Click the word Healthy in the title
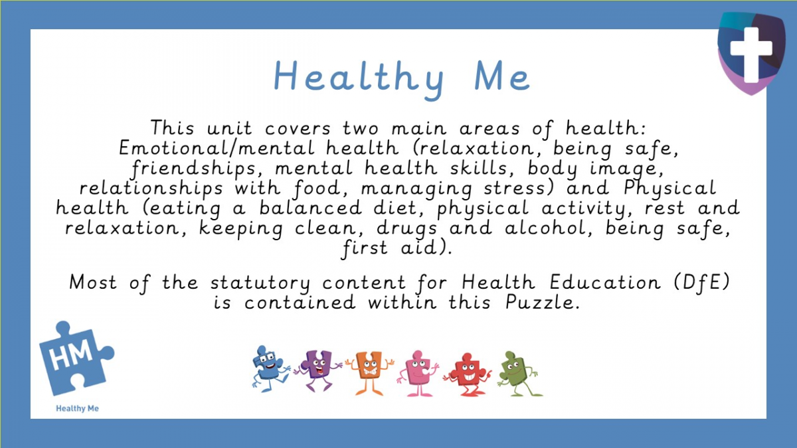click(359, 78)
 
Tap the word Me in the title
click(502, 78)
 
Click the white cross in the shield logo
click(751, 49)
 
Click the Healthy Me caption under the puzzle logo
click(77, 408)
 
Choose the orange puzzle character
click(369, 372)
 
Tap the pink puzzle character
click(416, 372)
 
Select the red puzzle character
click(465, 372)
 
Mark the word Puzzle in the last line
click(544, 303)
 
